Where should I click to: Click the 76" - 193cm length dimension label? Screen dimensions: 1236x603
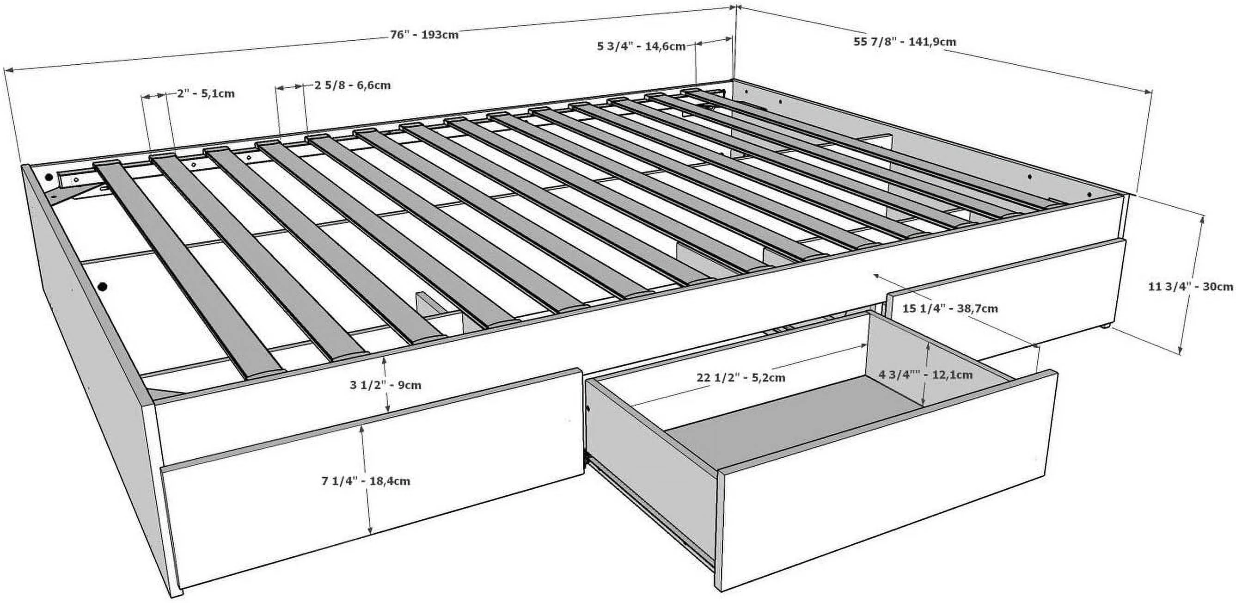(x=424, y=35)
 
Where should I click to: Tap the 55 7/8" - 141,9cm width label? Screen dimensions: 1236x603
(x=905, y=41)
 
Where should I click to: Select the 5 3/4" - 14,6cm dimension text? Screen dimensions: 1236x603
(x=641, y=47)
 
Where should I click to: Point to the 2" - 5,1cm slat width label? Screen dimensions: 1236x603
(x=206, y=93)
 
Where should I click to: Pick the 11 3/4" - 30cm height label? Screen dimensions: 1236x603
(x=1190, y=287)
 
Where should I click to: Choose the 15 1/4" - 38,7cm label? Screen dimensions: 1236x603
(x=950, y=308)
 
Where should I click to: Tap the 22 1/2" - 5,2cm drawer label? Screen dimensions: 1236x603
(x=741, y=378)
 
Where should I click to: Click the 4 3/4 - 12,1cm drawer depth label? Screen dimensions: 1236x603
(x=925, y=375)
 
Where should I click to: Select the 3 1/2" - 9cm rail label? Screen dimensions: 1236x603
(x=385, y=385)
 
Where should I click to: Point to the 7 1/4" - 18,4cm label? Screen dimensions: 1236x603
(x=366, y=481)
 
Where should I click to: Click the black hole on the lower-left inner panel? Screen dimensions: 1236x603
(x=102, y=287)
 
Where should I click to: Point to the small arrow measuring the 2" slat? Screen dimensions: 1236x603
(x=154, y=96)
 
